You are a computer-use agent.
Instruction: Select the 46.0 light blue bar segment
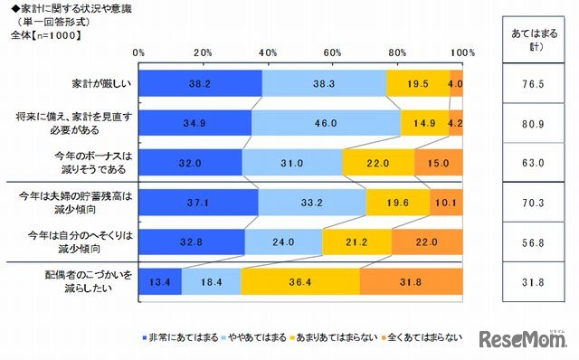click(326, 122)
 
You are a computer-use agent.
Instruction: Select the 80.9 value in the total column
click(527, 122)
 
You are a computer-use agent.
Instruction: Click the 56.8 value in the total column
click(527, 242)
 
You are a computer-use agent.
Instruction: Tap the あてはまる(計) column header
click(527, 38)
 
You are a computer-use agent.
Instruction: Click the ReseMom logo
click(524, 341)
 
